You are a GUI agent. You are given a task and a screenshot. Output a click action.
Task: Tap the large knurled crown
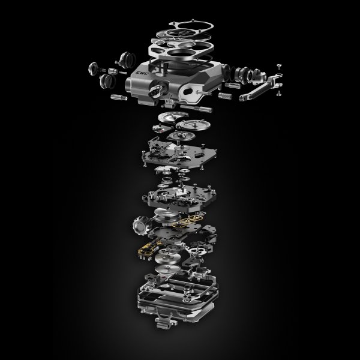point(140,227)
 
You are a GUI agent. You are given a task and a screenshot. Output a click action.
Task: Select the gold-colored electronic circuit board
point(152,246)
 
